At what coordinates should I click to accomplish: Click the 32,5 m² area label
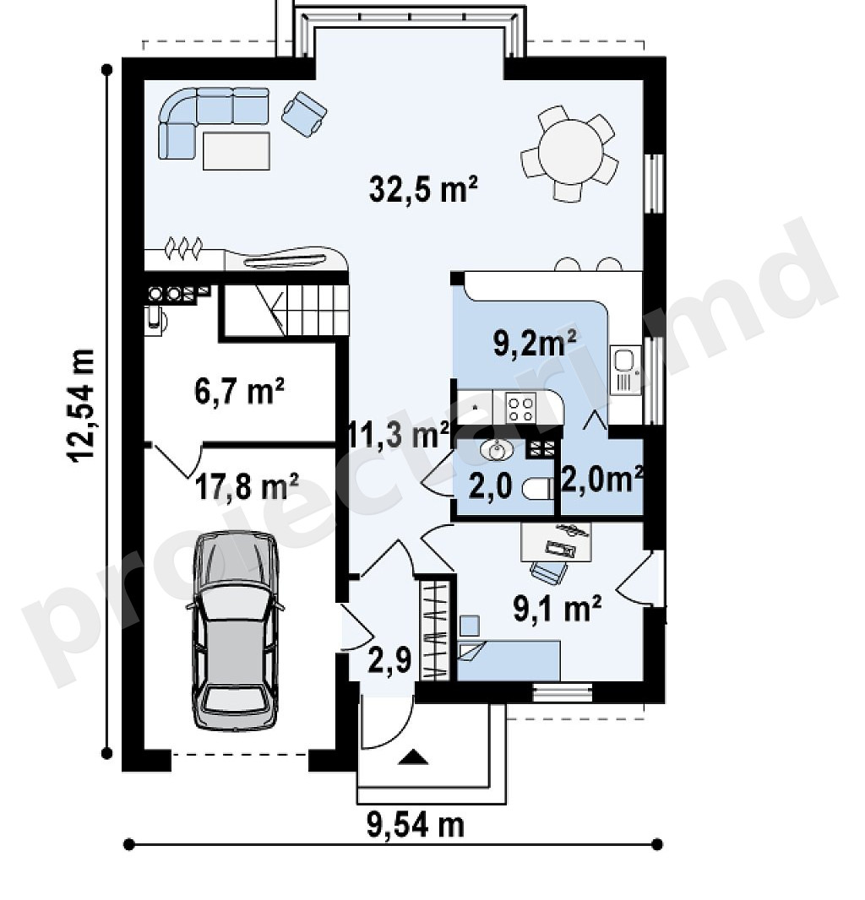(423, 189)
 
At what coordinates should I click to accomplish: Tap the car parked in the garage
(235, 631)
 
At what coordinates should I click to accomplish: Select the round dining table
(570, 153)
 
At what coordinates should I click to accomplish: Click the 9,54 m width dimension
(416, 826)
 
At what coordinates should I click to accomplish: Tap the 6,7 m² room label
(240, 392)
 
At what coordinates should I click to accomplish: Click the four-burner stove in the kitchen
(521, 407)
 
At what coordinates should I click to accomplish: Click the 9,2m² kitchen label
(536, 344)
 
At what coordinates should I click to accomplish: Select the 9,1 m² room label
(558, 608)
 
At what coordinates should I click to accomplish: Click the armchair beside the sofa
(304, 113)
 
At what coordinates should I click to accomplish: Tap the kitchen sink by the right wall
(625, 370)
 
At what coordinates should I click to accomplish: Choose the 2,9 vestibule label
(390, 660)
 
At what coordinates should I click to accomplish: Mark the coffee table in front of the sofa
(236, 150)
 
